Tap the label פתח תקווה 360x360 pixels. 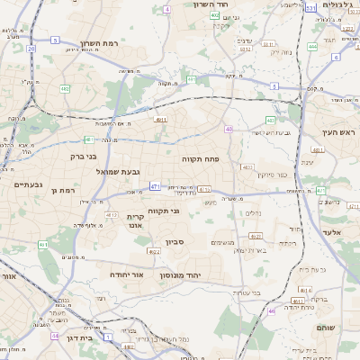pos(207,158)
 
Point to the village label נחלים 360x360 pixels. pos(254,214)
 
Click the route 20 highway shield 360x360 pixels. pos(31,48)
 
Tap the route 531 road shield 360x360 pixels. pos(310,7)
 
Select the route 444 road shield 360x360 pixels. pos(312,46)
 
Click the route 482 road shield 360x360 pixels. pos(65,88)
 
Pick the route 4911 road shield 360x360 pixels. pos(160,119)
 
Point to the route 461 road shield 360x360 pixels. pos(42,244)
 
